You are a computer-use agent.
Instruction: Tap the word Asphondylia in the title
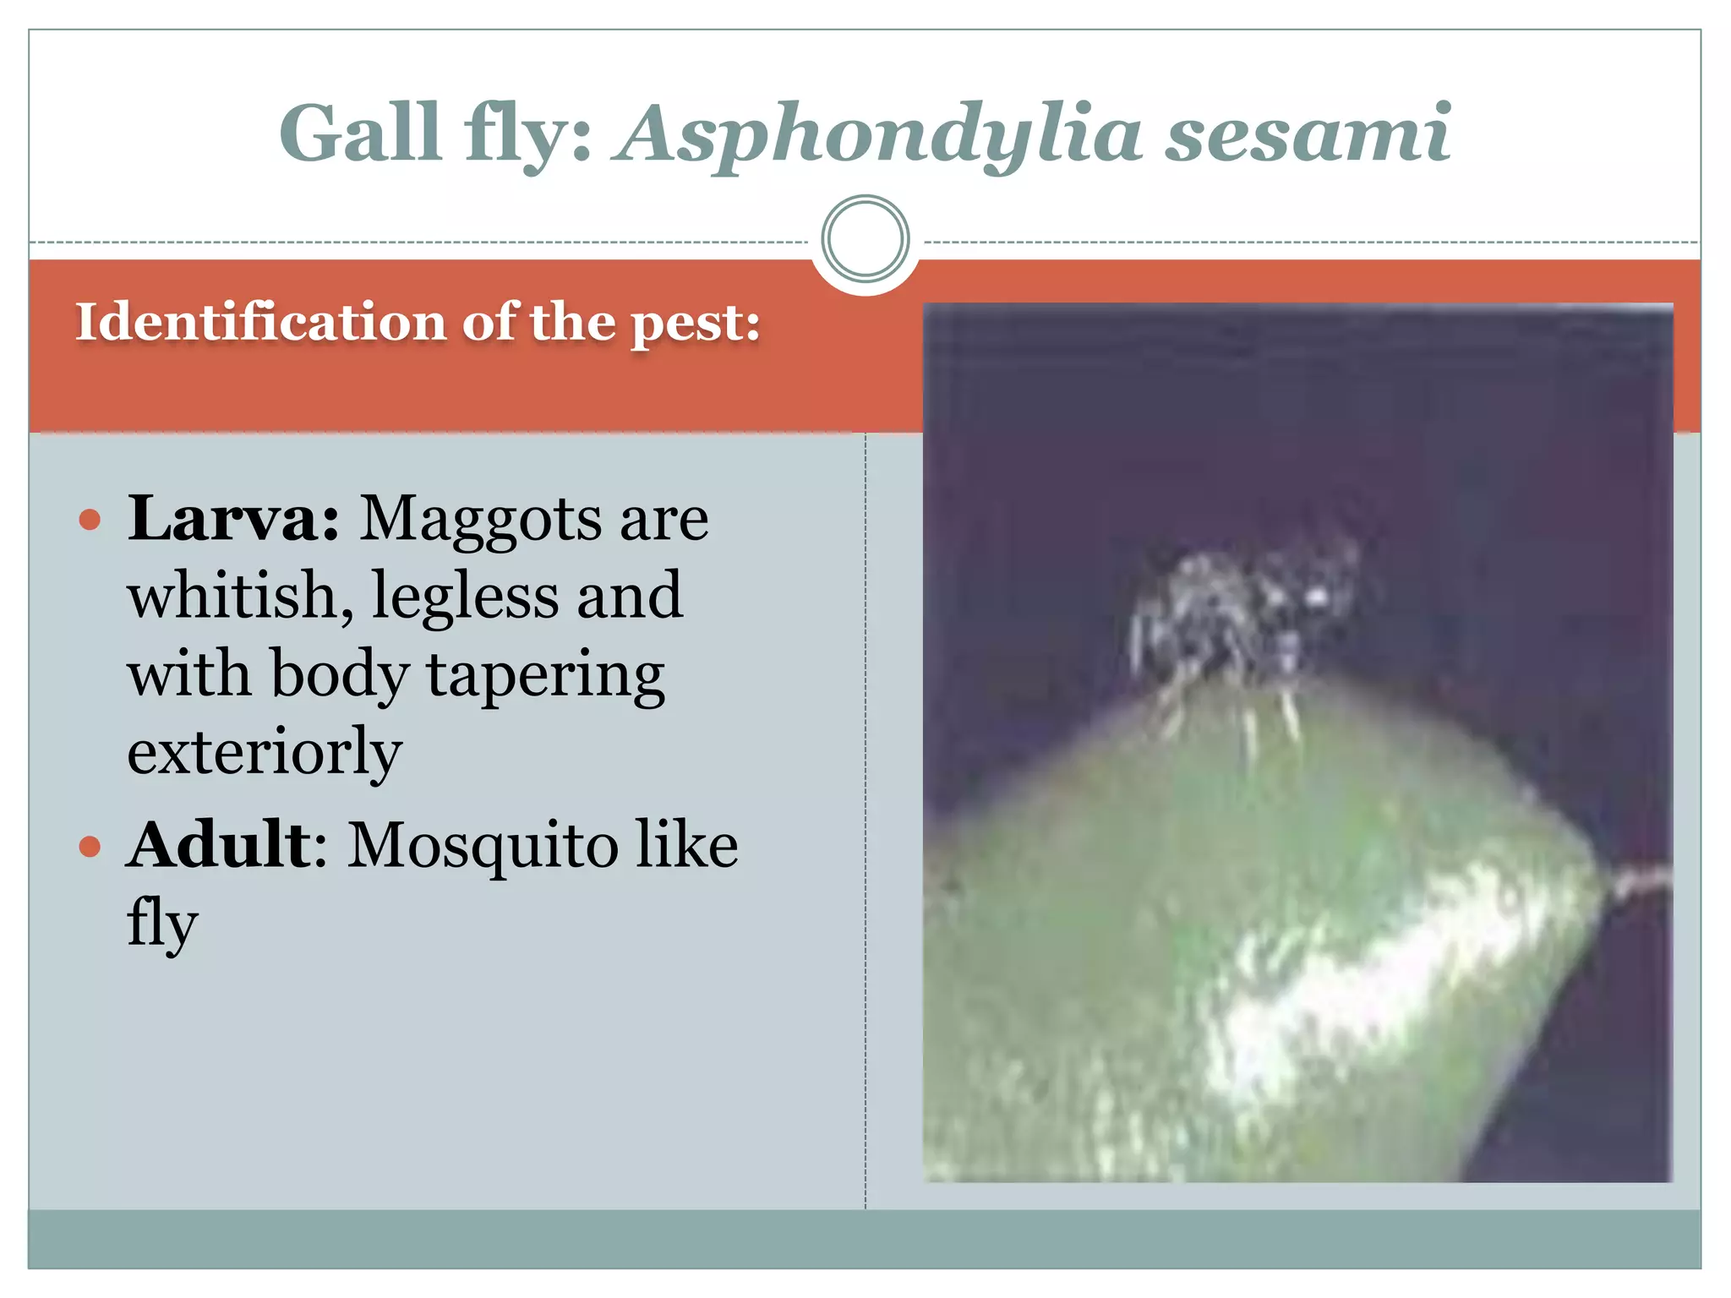879,135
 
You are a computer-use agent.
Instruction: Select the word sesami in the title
1308,135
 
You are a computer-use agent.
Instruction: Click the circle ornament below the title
865,238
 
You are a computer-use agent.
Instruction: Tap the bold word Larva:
233,517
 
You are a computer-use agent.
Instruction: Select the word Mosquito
482,846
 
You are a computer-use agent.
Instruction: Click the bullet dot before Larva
90,519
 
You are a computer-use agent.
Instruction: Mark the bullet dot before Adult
90,846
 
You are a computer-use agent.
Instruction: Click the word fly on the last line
162,924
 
